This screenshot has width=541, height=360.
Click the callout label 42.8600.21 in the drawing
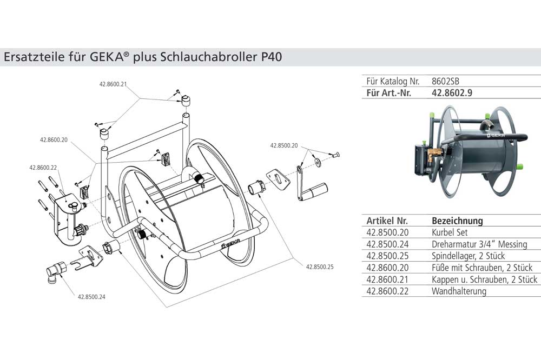[x=113, y=84]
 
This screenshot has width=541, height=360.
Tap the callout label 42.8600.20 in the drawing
[x=54, y=140]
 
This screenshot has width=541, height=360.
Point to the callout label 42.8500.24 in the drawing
[x=91, y=297]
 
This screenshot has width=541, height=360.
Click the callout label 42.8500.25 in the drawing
[x=320, y=266]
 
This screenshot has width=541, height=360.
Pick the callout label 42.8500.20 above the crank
[x=283, y=145]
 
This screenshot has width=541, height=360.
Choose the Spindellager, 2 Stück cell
[x=468, y=256]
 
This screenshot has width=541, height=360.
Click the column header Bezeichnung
[x=457, y=221]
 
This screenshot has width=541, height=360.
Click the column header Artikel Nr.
[x=387, y=221]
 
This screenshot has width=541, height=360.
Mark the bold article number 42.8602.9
[x=452, y=93]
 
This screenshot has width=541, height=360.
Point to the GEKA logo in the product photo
[x=494, y=137]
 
